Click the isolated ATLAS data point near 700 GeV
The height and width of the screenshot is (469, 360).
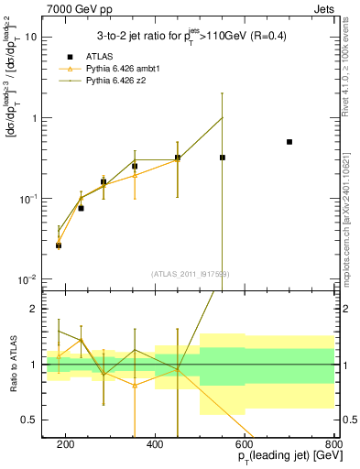click(x=289, y=142)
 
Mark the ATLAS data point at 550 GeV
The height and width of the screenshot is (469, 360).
click(x=222, y=158)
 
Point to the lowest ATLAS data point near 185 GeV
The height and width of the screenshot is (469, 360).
click(x=59, y=245)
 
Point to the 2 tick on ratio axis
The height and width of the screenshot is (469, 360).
click(x=35, y=310)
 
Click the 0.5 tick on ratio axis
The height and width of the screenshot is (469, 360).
click(x=31, y=420)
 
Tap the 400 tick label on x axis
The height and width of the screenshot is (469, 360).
click(x=155, y=443)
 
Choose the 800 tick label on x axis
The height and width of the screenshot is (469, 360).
click(x=334, y=443)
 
